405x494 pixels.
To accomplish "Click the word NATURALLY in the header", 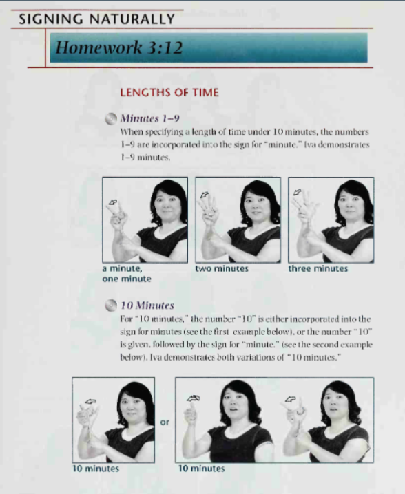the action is [132, 19].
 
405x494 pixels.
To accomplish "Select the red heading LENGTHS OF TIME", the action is [169, 93].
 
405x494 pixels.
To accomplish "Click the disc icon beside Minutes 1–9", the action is [111, 119].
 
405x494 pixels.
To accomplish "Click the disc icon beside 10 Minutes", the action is [111, 305].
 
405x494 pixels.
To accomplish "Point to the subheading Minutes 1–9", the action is [150, 118].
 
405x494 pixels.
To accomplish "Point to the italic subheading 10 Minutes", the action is [147, 305].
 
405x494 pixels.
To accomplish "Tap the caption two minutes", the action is [222, 268].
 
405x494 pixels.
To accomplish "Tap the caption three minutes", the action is [318, 268].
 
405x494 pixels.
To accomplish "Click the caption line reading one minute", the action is [127, 279].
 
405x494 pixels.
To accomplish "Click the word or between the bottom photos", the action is [165, 422].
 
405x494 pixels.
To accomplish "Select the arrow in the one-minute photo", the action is [112, 202].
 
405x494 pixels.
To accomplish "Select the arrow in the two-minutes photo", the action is [205, 195].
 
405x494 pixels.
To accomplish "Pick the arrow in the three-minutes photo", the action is [297, 192].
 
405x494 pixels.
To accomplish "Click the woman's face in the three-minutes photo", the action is [350, 202].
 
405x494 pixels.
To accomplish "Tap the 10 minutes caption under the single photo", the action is [96, 469].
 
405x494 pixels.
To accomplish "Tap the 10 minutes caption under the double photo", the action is [202, 469].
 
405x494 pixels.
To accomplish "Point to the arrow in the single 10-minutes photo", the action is [90, 402].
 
